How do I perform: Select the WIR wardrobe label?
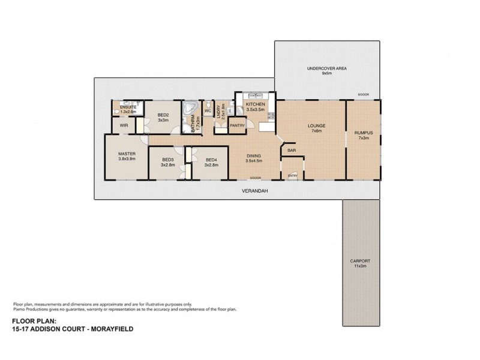coord(124,125)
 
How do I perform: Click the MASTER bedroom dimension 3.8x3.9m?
coord(127,159)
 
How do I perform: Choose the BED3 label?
coord(168,159)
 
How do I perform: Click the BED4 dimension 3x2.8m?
coord(211,164)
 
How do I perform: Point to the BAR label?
coord(292,151)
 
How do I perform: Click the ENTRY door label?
coord(292,175)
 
